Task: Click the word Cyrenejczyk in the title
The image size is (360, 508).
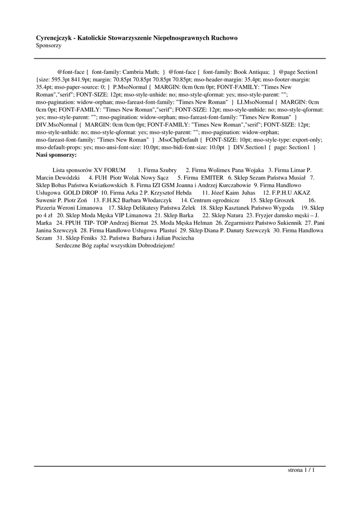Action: [x=52, y=38]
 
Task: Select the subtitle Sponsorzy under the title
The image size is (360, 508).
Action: [x=49, y=45]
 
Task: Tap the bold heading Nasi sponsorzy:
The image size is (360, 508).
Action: [x=56, y=155]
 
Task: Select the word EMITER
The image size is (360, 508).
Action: [x=212, y=177]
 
